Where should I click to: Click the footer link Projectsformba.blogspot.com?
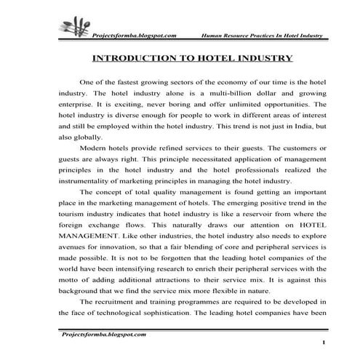point(102,334)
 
